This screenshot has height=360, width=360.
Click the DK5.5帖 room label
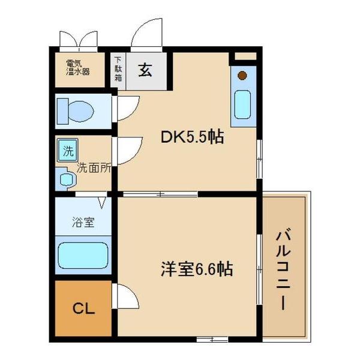(x=191, y=137)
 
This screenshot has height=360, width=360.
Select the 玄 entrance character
(x=145, y=70)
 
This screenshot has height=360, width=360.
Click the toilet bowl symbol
(x=74, y=110)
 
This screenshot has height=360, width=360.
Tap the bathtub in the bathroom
(x=82, y=255)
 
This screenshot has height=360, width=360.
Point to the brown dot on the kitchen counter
(x=242, y=76)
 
